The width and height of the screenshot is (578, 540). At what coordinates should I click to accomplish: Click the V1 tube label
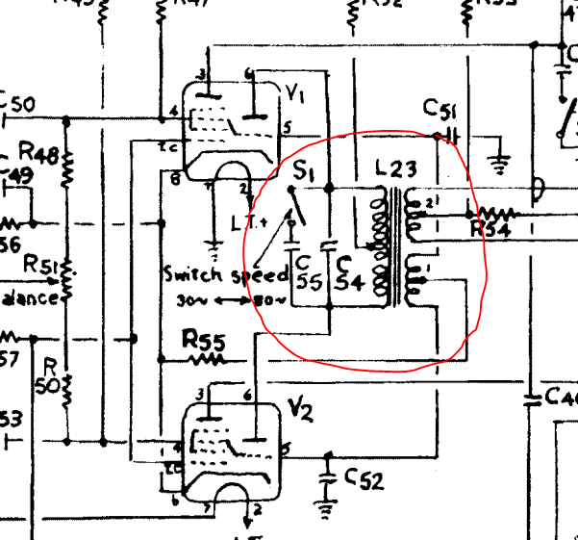pos(295,93)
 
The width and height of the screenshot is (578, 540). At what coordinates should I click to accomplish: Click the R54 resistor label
pos(490,230)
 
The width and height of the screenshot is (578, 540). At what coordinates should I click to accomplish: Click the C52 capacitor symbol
pos(329,476)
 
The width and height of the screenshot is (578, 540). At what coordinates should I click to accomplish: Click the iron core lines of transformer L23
pos(394,245)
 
